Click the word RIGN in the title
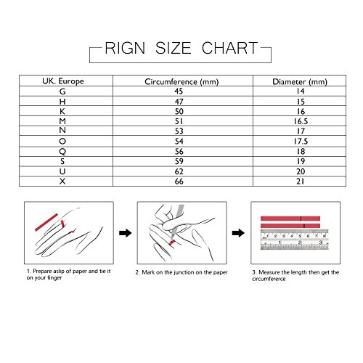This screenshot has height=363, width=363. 125,48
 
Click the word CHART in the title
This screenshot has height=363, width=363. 229,48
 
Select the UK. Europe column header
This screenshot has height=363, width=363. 63,81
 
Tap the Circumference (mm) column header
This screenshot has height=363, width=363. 181,82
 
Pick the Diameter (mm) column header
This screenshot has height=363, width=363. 300,82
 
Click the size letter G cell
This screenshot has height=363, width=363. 62,91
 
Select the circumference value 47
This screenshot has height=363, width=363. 179,102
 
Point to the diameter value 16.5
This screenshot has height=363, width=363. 301,121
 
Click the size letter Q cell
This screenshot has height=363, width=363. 62,152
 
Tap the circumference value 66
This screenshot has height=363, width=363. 179,181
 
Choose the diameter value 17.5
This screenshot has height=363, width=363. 301,142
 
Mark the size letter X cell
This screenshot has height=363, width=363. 62,181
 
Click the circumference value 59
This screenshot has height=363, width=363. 179,161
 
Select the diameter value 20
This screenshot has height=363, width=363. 301,171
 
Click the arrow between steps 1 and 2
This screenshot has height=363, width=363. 126,233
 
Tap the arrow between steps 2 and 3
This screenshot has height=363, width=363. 238,233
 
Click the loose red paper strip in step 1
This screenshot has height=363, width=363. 46,222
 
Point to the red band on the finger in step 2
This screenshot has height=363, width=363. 172,242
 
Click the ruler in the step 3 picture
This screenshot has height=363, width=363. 295,240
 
